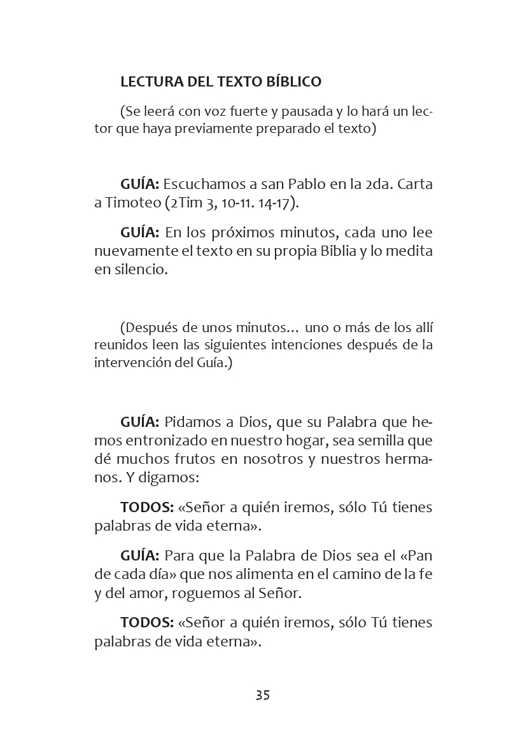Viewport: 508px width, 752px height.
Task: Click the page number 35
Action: click(263, 695)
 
